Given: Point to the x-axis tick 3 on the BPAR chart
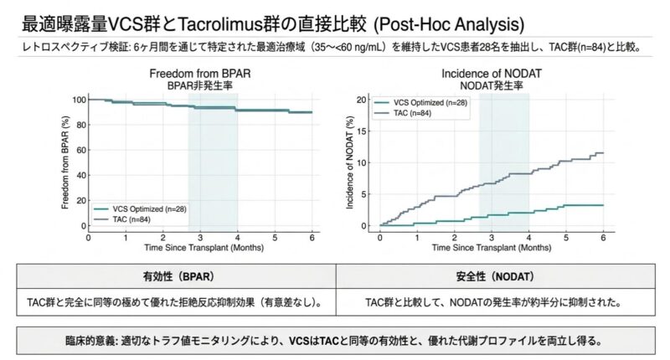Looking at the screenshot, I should [200, 237].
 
